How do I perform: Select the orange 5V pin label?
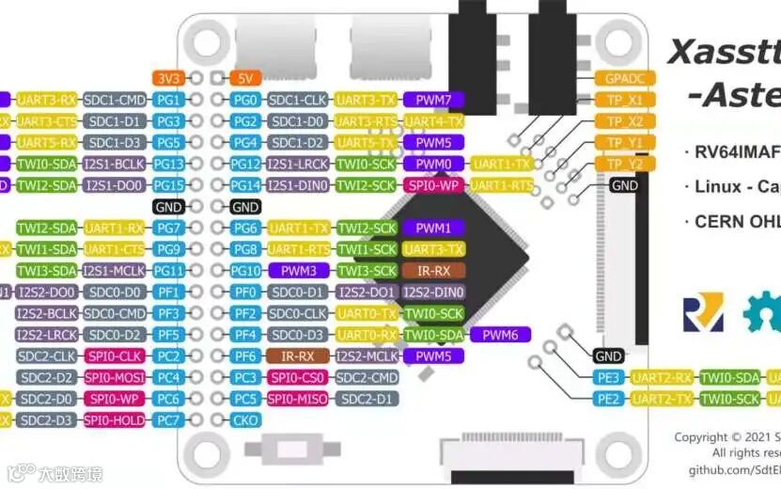[x=245, y=78]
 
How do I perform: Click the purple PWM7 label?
[x=433, y=100]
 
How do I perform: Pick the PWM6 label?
[x=501, y=334]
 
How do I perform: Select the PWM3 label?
[x=299, y=271]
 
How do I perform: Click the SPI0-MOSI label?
[x=115, y=377]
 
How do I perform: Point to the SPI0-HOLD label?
[x=115, y=419]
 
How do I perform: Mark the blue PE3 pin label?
[x=608, y=377]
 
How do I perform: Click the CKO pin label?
[x=245, y=419]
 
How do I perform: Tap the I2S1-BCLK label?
[x=115, y=164]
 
